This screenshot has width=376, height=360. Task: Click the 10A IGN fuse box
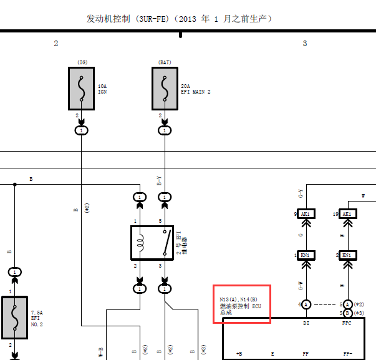click(82, 88)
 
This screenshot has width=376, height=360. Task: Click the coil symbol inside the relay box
click(140, 243)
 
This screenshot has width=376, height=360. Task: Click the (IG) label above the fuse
click(82, 62)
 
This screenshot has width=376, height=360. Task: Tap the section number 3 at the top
click(305, 43)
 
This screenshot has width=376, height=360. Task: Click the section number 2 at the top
click(56, 43)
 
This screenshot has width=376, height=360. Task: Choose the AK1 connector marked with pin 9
click(306, 214)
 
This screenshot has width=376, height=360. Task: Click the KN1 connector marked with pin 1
click(306, 256)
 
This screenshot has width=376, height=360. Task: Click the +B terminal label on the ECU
click(239, 354)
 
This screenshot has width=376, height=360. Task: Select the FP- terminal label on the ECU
click(347, 354)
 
